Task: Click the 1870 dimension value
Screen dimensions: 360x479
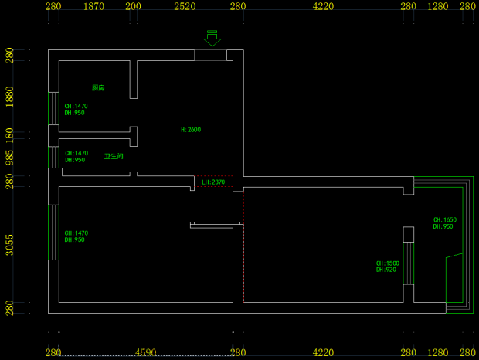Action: coord(93,6)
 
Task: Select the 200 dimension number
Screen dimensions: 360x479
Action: coord(133,6)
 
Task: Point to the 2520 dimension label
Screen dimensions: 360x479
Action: coord(184,6)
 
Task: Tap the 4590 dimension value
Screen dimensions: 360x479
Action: coord(146,353)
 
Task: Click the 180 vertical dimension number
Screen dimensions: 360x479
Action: coord(9,135)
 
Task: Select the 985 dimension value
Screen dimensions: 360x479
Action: coord(9,158)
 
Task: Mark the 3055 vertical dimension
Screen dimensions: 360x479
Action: coord(9,244)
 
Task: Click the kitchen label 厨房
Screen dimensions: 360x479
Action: coord(98,88)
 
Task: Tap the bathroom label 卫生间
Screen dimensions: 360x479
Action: coord(114,156)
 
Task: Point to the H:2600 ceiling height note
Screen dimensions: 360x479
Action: coord(190,130)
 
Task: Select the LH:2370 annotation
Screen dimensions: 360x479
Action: coord(212,182)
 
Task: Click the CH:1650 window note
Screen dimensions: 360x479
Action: coord(444,219)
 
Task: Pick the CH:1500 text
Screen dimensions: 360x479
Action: coord(387,263)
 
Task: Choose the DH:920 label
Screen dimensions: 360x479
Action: coord(386,270)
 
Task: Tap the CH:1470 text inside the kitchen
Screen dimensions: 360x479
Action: coord(76,106)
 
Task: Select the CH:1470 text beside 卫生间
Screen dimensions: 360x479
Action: coord(76,153)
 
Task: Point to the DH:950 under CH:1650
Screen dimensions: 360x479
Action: coord(443,226)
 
